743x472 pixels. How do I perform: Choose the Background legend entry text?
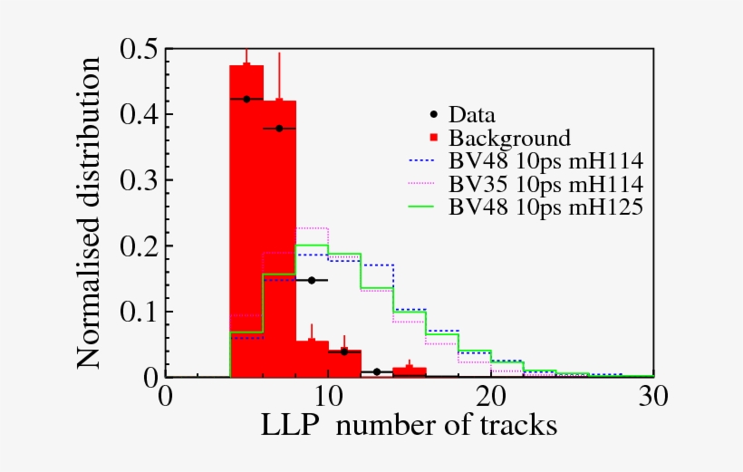click(x=509, y=139)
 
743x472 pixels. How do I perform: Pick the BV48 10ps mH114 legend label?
click(x=545, y=161)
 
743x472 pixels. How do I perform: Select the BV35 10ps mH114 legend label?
click(x=545, y=184)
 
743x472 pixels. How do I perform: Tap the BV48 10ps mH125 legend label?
click(x=545, y=207)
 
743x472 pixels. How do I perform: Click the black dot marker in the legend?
click(x=434, y=115)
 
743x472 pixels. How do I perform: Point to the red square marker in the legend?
click(x=434, y=138)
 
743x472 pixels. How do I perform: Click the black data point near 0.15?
click(x=312, y=280)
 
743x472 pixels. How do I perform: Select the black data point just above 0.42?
click(x=246, y=99)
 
